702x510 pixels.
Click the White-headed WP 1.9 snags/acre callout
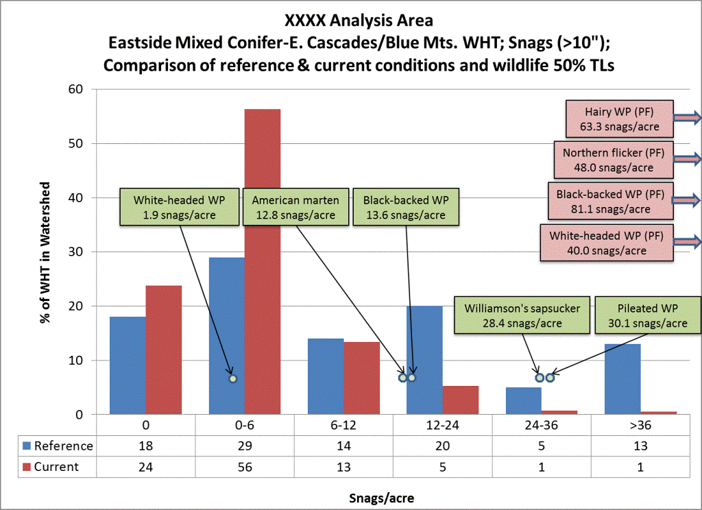pos(179,206)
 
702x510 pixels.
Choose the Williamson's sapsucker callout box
pos(521,317)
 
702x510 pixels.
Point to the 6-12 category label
pos(343,425)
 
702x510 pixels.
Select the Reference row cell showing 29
pos(245,446)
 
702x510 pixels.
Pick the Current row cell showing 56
pos(245,467)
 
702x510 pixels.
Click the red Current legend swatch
pos(29,467)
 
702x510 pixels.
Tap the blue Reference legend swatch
pos(29,446)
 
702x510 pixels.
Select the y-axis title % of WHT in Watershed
pos(46,252)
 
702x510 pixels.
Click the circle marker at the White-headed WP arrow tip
pos(232,378)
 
